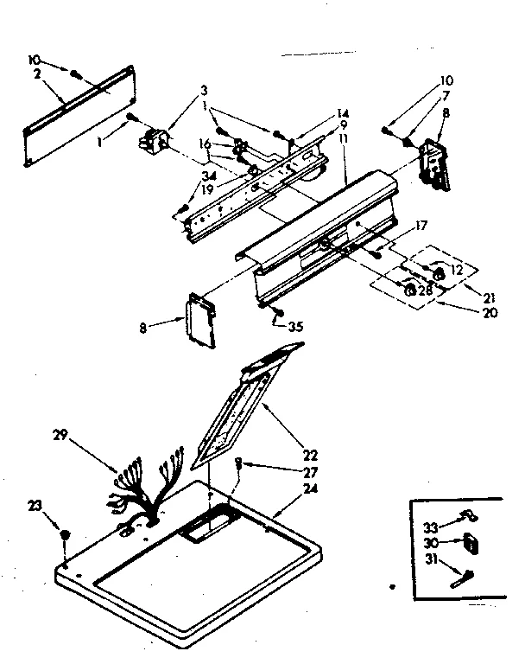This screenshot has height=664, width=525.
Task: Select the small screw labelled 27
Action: click(239, 465)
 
